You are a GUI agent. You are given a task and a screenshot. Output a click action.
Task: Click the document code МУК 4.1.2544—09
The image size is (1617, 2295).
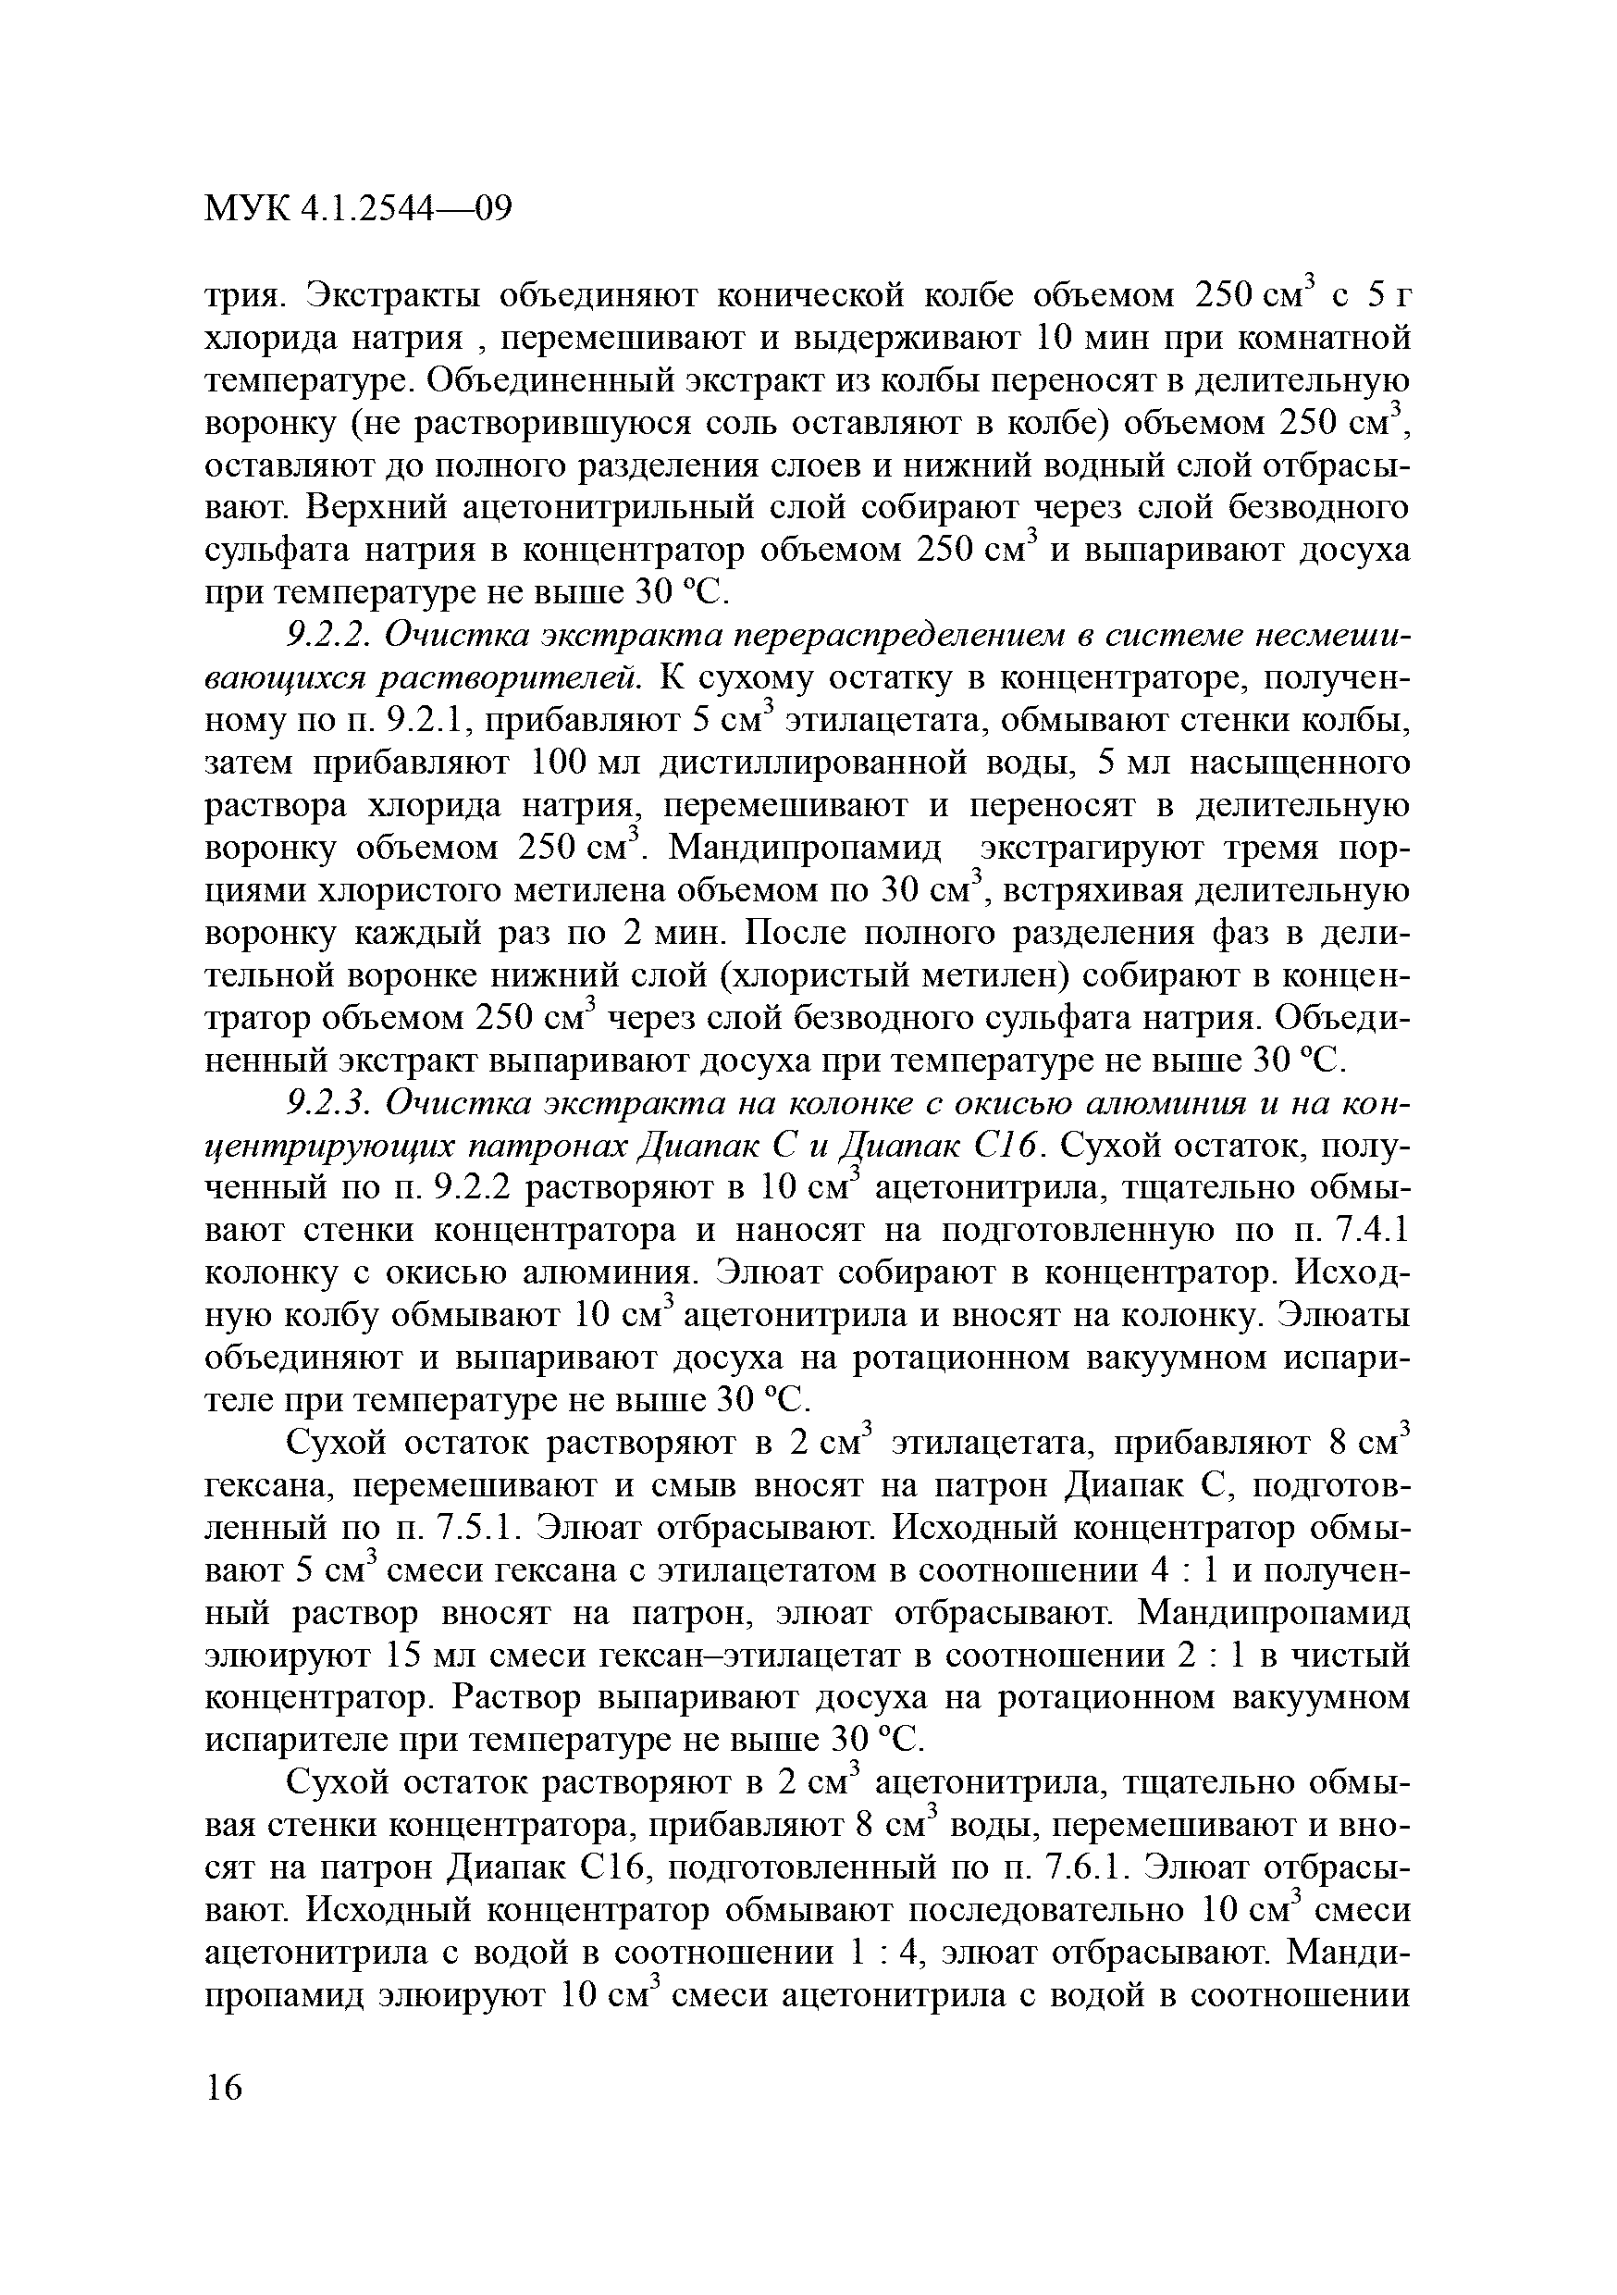(358, 209)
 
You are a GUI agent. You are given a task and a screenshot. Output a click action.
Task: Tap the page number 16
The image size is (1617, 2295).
(224, 2087)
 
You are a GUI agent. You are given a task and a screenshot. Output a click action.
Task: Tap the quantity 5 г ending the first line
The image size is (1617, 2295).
(1389, 297)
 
